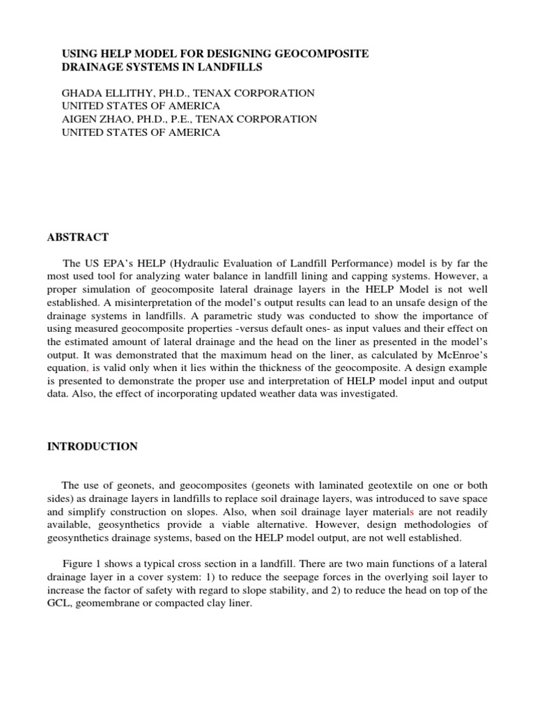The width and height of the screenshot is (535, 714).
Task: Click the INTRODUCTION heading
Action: click(93, 447)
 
